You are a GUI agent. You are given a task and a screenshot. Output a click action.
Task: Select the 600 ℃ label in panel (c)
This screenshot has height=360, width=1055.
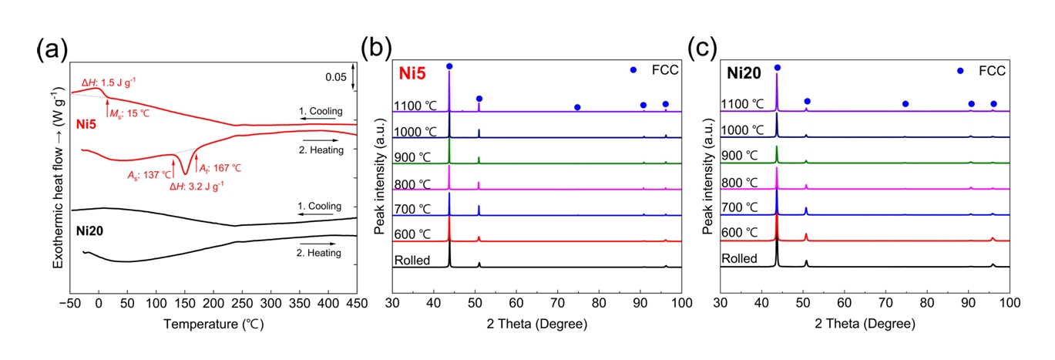click(741, 232)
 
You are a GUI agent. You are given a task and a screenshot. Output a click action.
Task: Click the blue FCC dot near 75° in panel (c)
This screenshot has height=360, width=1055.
click(905, 104)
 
